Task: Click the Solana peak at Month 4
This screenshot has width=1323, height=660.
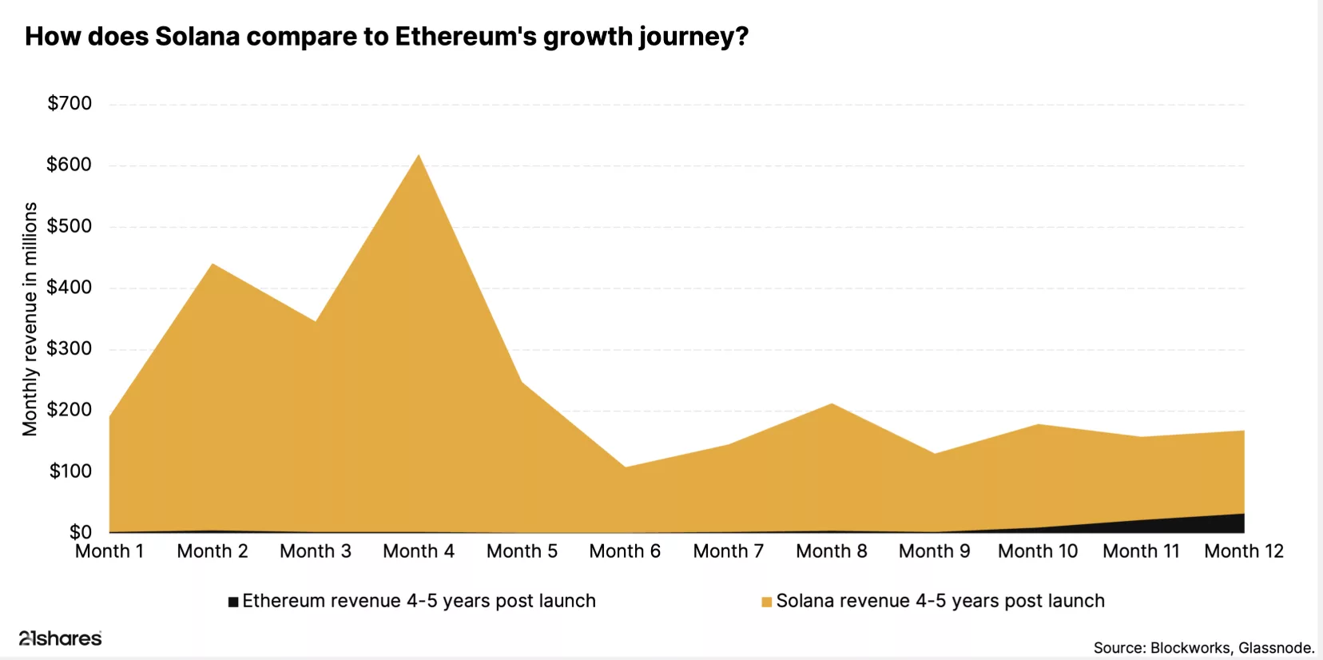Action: tap(419, 156)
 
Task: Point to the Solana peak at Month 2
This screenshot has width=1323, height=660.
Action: tap(213, 264)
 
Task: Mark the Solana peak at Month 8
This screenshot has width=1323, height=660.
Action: tap(832, 404)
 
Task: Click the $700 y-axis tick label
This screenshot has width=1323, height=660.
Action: tap(70, 103)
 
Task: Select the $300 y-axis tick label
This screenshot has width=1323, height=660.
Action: tap(70, 348)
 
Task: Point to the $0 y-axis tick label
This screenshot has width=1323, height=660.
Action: tap(80, 532)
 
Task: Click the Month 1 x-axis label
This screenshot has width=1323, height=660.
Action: tap(109, 551)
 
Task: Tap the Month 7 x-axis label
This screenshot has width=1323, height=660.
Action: tap(728, 551)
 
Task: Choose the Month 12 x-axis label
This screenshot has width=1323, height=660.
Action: tap(1243, 551)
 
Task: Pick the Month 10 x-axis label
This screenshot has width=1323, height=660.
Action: tap(1038, 551)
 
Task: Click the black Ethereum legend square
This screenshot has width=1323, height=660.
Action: tap(233, 602)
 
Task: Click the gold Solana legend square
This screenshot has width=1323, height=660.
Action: tap(767, 602)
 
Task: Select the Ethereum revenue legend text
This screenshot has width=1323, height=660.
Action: tap(419, 601)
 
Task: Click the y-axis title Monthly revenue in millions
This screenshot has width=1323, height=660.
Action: tap(30, 319)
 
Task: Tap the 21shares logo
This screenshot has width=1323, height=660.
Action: tap(61, 638)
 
